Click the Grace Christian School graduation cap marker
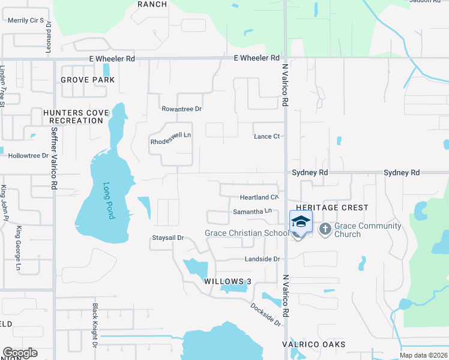(x=301, y=222)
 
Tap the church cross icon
(x=325, y=229)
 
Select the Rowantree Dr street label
(x=181, y=109)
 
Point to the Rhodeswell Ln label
(x=170, y=136)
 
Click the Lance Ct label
(x=267, y=136)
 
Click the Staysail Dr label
(x=167, y=238)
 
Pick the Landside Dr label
(x=262, y=259)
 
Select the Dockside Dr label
(x=266, y=313)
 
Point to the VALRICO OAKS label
(x=314, y=344)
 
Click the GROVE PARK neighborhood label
(x=88, y=80)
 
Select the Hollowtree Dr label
(x=28, y=155)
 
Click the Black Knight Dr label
(x=95, y=325)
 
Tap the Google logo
(x=20, y=353)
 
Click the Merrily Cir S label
(x=26, y=20)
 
